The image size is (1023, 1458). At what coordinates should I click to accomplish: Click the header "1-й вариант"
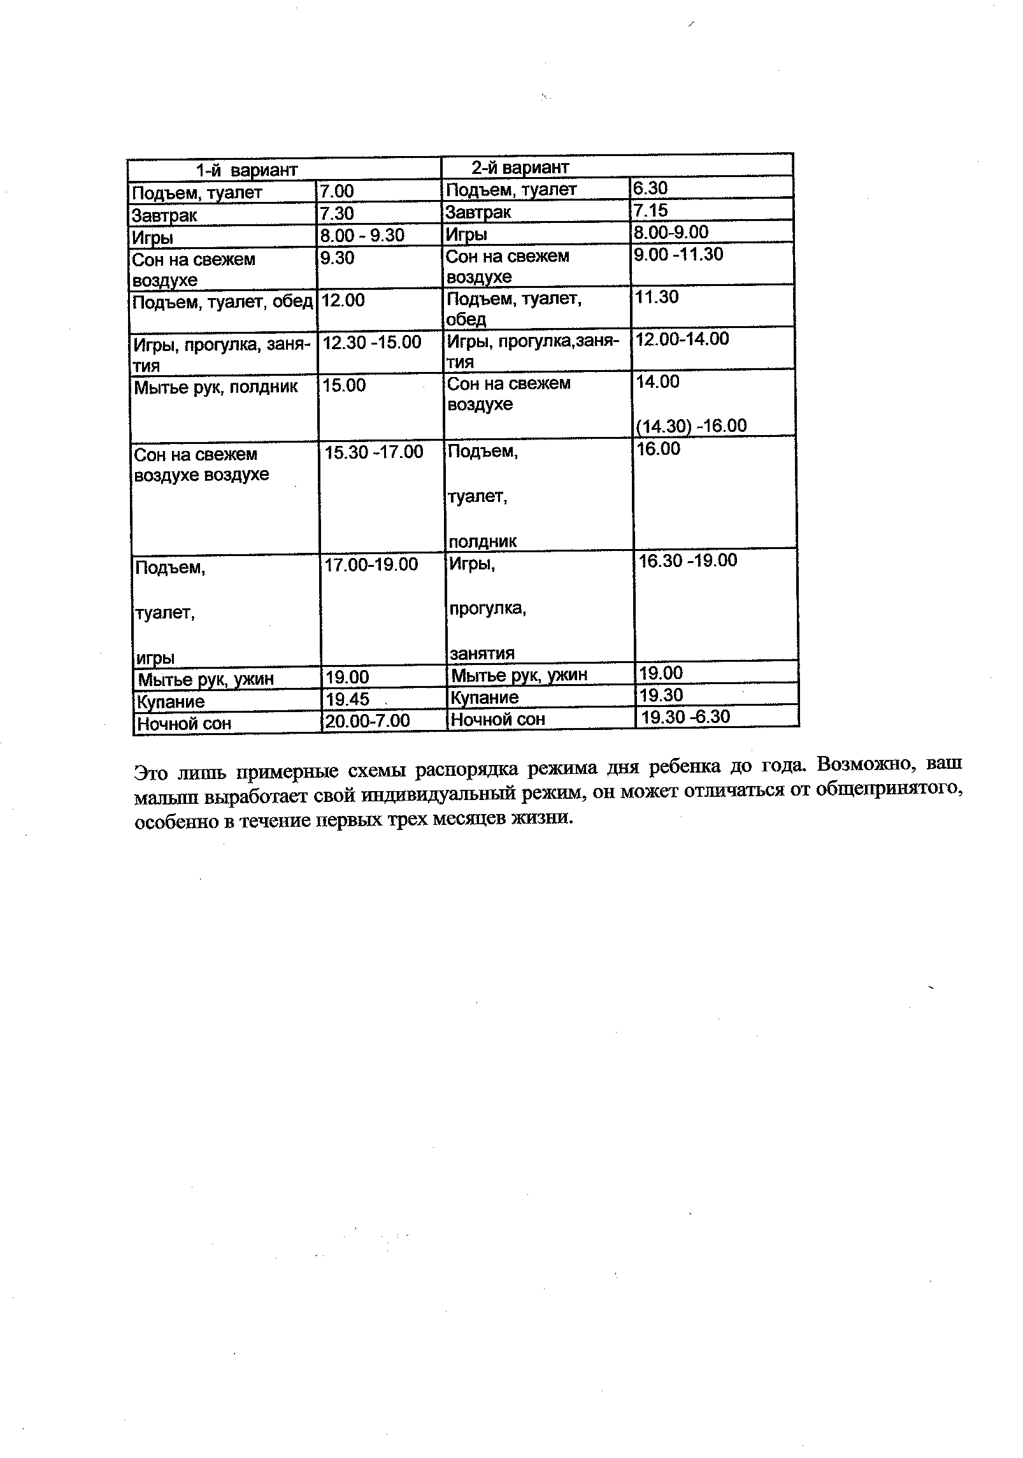[x=247, y=170]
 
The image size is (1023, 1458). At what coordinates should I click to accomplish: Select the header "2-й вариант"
[x=519, y=168]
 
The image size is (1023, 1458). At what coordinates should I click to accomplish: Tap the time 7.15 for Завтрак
[x=650, y=211]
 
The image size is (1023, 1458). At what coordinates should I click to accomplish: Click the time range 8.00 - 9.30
[x=362, y=236]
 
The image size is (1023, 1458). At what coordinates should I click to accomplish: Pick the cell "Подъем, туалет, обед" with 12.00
[x=222, y=301]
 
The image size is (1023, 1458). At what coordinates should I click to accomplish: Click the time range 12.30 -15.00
[x=372, y=343]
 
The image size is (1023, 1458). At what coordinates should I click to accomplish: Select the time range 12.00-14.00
[x=682, y=339]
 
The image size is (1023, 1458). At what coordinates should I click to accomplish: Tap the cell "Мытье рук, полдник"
[x=215, y=387]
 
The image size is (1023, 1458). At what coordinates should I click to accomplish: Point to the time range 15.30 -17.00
[x=374, y=452]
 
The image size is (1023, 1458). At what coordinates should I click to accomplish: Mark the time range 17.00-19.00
[x=371, y=564]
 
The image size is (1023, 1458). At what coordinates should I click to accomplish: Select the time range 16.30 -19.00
[x=688, y=561]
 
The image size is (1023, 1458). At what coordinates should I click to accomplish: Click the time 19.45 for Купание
[x=348, y=699]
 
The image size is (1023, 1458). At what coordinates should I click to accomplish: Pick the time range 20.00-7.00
[x=368, y=721]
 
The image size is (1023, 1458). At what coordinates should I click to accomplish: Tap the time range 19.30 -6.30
[x=685, y=717]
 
